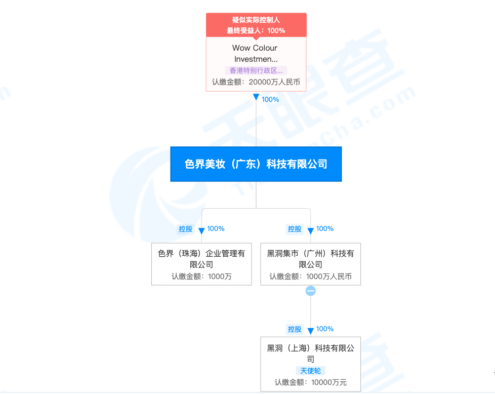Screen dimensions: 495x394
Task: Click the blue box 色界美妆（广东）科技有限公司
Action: point(256,164)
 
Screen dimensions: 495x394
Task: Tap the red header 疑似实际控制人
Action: point(256,20)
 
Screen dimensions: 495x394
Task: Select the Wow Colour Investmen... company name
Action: point(256,53)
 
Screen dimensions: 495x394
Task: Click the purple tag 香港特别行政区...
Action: point(256,71)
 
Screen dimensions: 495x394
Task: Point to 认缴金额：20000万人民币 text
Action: point(256,82)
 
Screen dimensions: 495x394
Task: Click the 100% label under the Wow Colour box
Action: point(270,99)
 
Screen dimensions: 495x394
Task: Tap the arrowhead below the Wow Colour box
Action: point(256,97)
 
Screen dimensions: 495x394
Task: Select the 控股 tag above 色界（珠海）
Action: point(186,229)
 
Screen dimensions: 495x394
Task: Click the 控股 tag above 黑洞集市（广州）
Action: point(295,229)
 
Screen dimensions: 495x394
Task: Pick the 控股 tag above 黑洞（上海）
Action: point(295,329)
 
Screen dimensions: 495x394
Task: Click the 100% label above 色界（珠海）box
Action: point(216,229)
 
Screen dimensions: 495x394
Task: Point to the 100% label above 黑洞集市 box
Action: point(325,229)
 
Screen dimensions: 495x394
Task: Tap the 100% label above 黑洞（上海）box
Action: point(325,329)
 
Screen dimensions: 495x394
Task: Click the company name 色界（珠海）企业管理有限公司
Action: point(201,259)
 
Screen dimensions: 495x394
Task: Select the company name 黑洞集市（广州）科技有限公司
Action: point(310,259)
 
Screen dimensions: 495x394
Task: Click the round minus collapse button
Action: point(311,291)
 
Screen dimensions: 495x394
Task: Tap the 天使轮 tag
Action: point(310,371)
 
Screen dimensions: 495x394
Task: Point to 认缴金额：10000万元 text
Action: point(310,383)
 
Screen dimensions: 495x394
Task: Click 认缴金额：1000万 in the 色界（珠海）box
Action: point(201,277)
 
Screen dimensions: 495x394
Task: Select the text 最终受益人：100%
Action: point(256,30)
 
